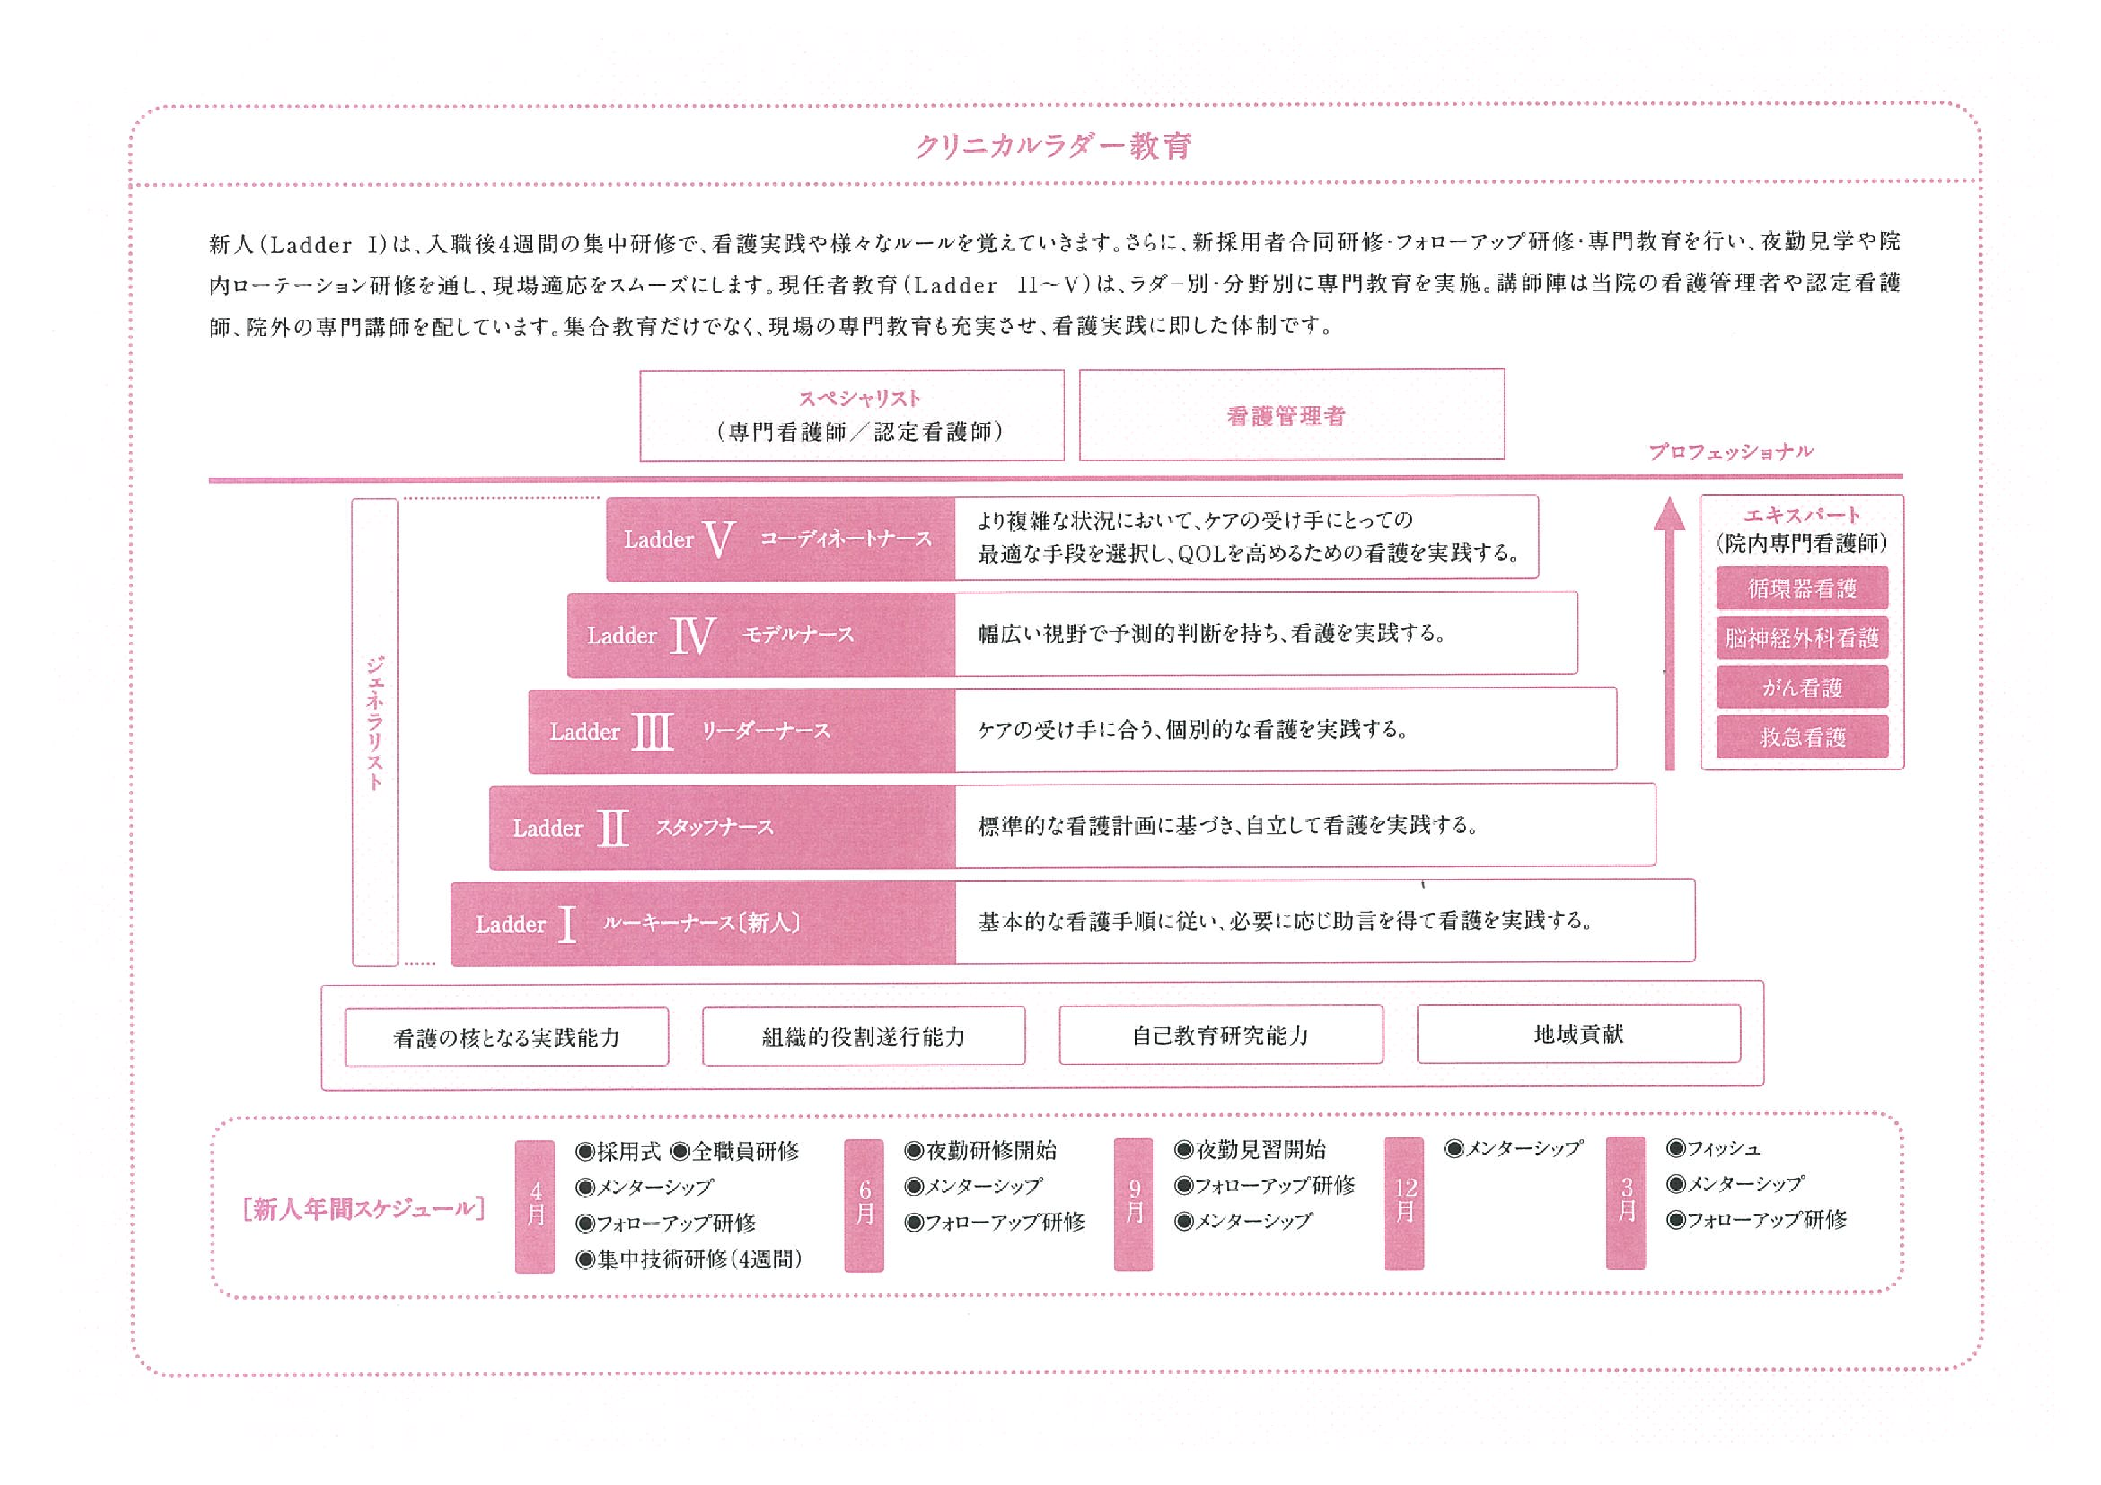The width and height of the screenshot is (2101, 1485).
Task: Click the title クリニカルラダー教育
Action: coord(1053,147)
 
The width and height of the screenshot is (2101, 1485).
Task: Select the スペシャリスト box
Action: coord(852,415)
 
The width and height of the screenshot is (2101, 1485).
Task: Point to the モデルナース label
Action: coord(797,634)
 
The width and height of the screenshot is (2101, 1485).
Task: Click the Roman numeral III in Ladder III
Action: coord(652,732)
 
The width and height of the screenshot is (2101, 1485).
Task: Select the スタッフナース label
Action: coord(714,827)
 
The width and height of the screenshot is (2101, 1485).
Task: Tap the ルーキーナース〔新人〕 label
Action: coord(701,922)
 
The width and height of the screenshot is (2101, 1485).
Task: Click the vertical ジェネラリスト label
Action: coord(375,723)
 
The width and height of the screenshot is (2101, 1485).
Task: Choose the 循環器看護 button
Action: coord(1801,588)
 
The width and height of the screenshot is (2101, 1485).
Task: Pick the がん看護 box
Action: coord(1801,687)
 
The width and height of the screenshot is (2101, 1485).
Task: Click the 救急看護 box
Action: coord(1801,737)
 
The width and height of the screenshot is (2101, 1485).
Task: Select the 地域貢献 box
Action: coord(1578,1034)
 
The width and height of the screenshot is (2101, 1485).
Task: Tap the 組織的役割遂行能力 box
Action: coord(863,1035)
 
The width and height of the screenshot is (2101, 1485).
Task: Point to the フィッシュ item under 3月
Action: coord(1713,1148)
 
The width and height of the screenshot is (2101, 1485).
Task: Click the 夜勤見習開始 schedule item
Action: coord(1250,1150)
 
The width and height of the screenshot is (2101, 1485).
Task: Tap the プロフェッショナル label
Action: coord(1730,452)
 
